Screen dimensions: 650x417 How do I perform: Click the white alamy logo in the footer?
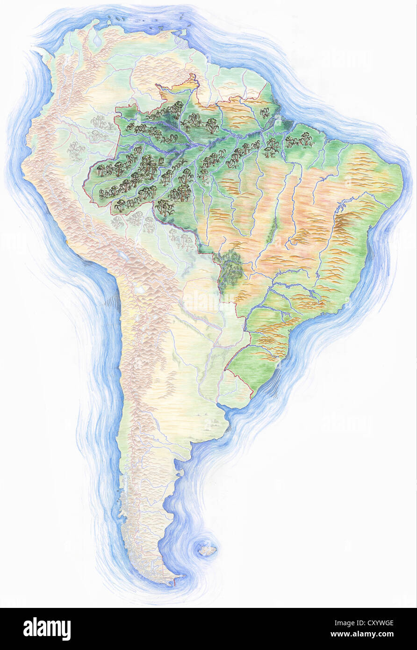tap(47, 628)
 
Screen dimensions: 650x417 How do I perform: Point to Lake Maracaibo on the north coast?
tap(97, 40)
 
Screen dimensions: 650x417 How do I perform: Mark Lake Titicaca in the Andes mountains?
tap(123, 256)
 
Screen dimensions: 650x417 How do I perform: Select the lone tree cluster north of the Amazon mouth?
tap(265, 113)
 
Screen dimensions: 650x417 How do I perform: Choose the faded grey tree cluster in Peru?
tap(75, 151)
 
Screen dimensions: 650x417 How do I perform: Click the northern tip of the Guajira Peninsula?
tap(96, 21)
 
